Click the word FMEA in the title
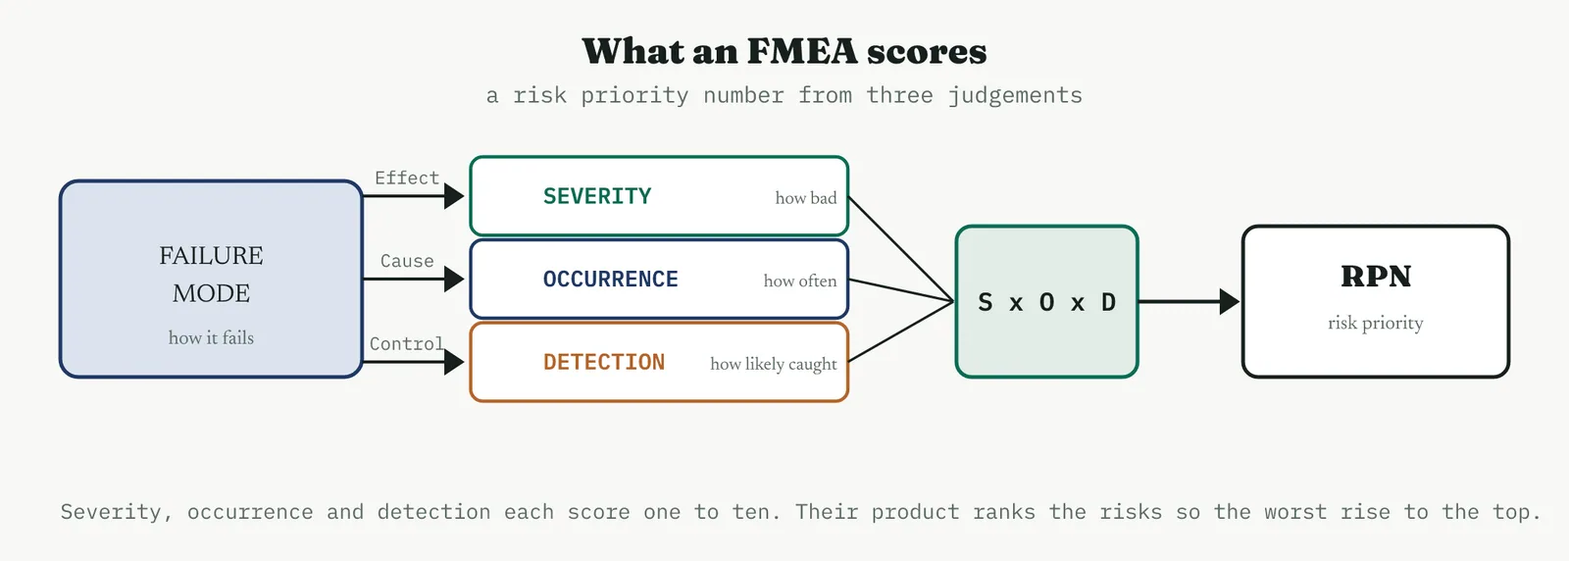tap(802, 51)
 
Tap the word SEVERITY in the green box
tap(597, 196)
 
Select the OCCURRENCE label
tap(611, 279)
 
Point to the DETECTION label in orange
tap(604, 362)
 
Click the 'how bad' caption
tap(805, 198)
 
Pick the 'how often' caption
tap(800, 280)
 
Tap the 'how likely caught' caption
tap(774, 364)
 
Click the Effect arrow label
tap(407, 178)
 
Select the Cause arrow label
tap(407, 261)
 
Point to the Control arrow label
tap(407, 344)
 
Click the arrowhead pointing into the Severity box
tap(454, 196)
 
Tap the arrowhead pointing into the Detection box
tap(454, 362)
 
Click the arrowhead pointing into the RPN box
tap(1230, 302)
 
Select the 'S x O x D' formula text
tap(1046, 302)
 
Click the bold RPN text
tap(1376, 277)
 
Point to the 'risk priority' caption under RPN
tap(1376, 323)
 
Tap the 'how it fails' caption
tap(211, 337)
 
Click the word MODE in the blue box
tap(211, 293)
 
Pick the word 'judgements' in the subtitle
tap(1016, 95)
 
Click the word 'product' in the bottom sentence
tap(915, 512)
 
